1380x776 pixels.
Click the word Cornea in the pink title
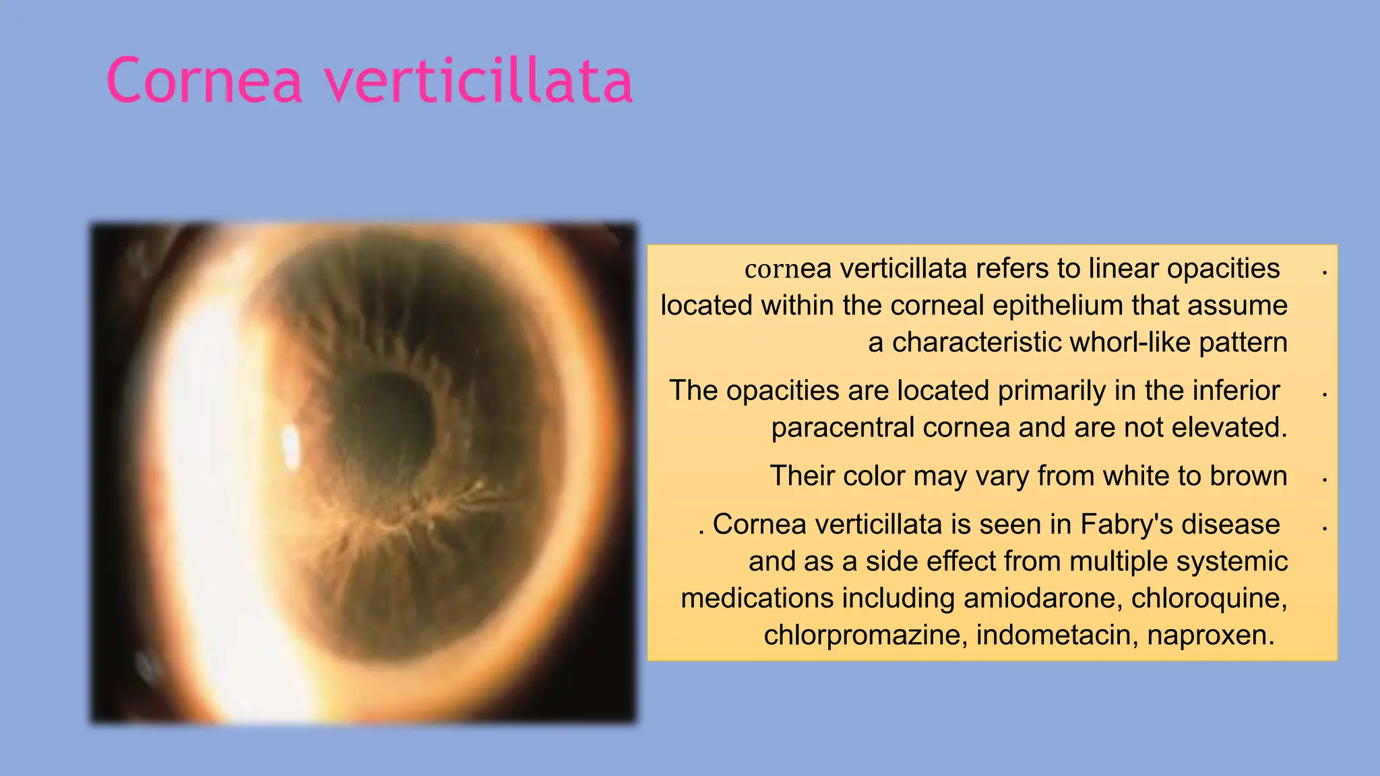pyautogui.click(x=204, y=81)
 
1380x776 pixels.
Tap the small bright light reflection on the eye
pyautogui.click(x=291, y=446)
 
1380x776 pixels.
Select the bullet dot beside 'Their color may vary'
pyautogui.click(x=1325, y=480)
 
